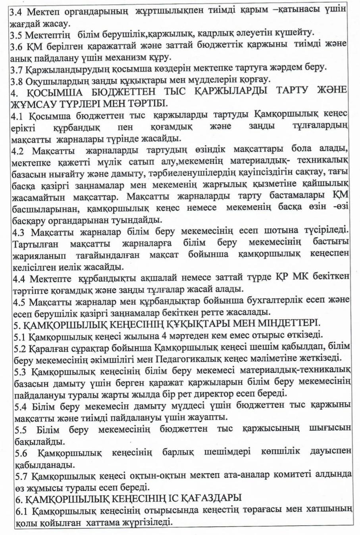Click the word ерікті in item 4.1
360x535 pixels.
[23, 128]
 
